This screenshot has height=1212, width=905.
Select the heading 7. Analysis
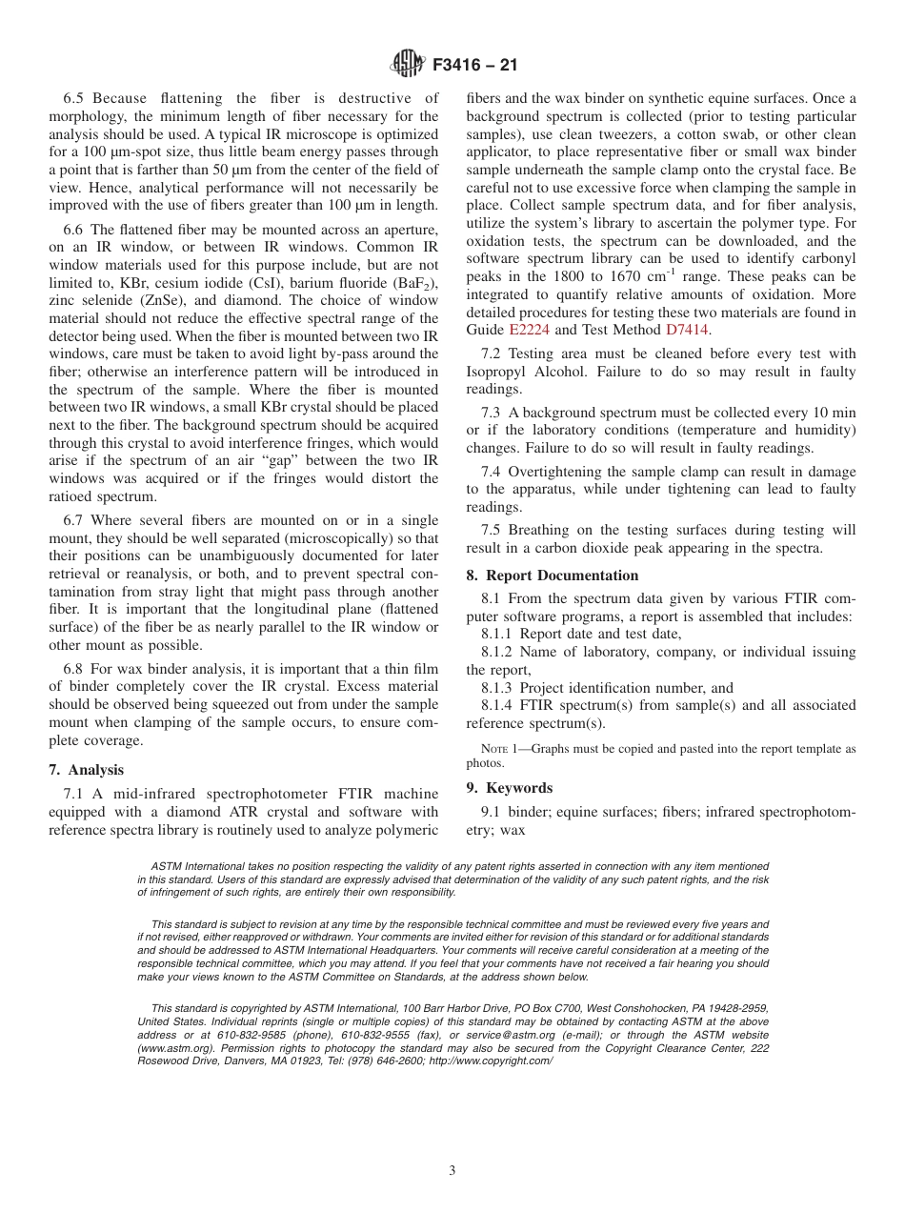(x=86, y=770)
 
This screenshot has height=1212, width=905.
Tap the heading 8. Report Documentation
(x=553, y=576)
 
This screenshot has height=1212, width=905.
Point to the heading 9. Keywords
(x=509, y=788)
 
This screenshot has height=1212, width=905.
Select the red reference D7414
(x=687, y=331)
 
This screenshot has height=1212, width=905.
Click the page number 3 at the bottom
(x=452, y=1171)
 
